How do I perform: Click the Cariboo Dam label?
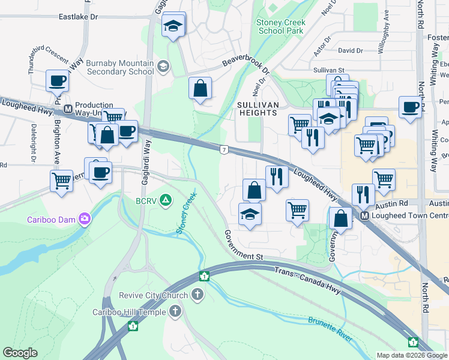point(51,220)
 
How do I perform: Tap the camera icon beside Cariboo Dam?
point(85,219)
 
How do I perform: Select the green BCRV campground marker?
point(166,200)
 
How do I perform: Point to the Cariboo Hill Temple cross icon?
point(175,311)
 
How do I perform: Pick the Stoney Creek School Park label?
point(281,26)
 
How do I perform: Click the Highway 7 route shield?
point(223,149)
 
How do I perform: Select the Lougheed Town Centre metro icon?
point(364,216)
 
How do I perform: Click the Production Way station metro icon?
point(68,110)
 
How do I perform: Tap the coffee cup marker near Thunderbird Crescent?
point(58,80)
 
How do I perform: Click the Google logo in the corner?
point(20,353)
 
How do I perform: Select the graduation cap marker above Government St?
point(250,214)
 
